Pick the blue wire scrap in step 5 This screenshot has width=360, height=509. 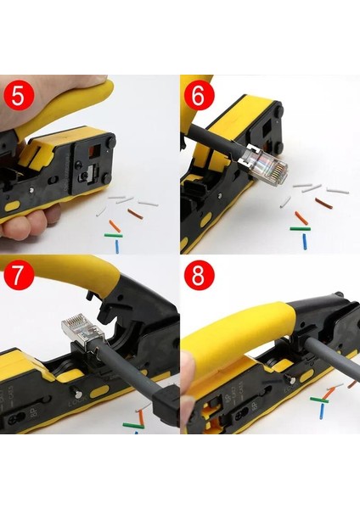coord(117,246)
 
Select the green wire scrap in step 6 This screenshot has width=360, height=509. coord(300,228)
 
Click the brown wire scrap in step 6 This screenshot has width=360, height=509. coord(323,202)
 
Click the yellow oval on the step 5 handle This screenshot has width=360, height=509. coord(10,204)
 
